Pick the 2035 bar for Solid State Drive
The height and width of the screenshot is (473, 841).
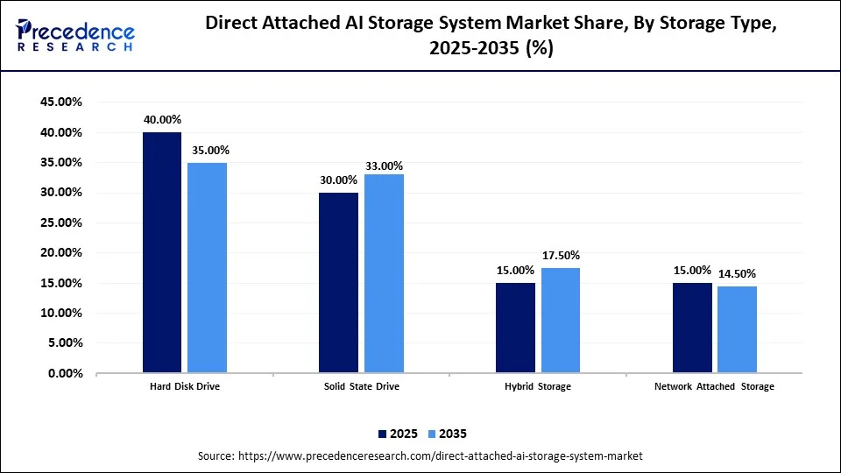point(384,273)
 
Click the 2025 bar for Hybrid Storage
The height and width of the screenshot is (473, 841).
point(515,328)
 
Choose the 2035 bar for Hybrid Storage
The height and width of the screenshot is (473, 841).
point(561,320)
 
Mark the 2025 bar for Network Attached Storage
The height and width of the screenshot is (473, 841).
point(692,328)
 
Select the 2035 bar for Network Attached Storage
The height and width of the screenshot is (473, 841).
point(738,329)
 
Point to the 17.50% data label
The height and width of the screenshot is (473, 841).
point(561,256)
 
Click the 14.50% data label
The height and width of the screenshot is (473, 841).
point(738,274)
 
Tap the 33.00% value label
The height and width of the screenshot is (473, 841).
point(385,166)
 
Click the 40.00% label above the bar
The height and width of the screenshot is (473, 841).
point(162,120)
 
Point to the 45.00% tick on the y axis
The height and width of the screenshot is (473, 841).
point(61,102)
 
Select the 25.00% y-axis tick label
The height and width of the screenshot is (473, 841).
point(61,222)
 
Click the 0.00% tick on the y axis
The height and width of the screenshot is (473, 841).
point(65,373)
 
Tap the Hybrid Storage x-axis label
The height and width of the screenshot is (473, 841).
point(538,386)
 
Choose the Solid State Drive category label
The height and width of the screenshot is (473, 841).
point(361,386)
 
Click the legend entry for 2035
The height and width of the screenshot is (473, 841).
point(447,433)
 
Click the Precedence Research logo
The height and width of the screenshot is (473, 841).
point(76,35)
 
